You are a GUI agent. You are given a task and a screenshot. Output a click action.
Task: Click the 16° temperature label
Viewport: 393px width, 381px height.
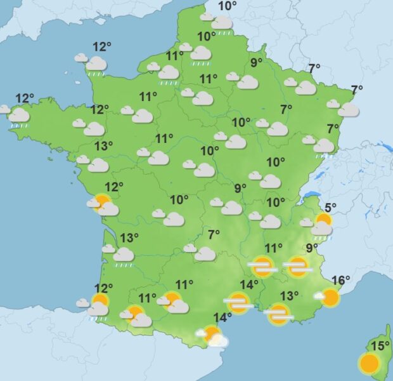coord(341,281)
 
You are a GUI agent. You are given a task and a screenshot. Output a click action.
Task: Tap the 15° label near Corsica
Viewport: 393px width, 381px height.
coord(380,346)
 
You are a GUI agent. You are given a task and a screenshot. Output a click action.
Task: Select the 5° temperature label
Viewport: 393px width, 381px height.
coord(331,207)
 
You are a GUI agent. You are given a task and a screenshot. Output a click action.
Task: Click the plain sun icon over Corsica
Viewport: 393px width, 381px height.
coord(369,363)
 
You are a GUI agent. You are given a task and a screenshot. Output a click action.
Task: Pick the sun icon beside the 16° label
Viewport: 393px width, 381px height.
coord(329,297)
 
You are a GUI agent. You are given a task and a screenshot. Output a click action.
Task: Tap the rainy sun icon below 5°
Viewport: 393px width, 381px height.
coord(323,224)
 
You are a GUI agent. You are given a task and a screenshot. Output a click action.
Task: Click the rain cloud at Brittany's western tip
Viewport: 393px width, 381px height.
coord(18,116)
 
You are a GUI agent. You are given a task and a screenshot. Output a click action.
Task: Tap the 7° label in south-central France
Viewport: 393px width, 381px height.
coord(214,234)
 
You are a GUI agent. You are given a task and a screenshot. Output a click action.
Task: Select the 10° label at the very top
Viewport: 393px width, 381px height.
coord(227,6)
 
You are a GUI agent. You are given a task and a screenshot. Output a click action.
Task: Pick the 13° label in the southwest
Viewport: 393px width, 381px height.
coord(129,238)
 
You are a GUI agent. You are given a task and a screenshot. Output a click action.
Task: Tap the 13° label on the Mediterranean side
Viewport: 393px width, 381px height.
coord(290,296)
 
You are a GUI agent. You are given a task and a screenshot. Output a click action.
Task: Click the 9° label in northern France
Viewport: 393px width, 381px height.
coord(256,62)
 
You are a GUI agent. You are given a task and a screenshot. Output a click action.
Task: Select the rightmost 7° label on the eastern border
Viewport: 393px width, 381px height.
coord(357,90)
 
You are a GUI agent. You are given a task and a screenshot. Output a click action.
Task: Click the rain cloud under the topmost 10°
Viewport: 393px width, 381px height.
coord(221,23)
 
